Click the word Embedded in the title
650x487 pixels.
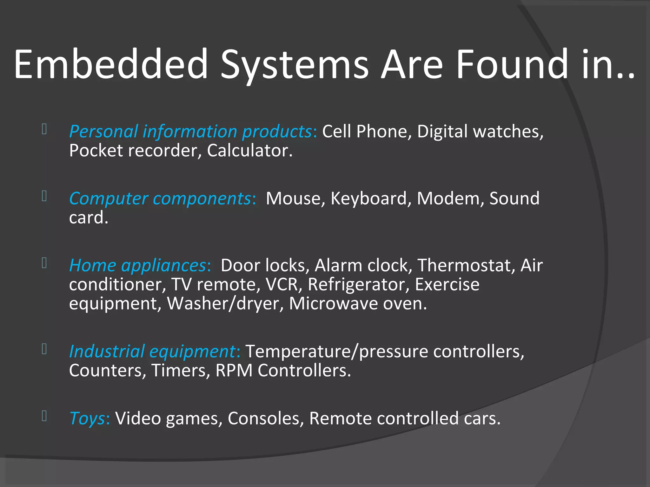tap(111, 64)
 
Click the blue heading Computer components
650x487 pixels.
tap(161, 199)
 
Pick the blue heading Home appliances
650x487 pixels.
tap(138, 266)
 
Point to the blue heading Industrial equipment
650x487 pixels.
tap(152, 352)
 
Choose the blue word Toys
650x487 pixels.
tap(87, 419)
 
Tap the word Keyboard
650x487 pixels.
tap(368, 199)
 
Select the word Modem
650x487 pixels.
tap(448, 199)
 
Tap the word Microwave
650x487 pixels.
tap(334, 304)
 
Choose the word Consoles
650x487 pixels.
tap(263, 419)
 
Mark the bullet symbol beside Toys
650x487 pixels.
tap(44, 416)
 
